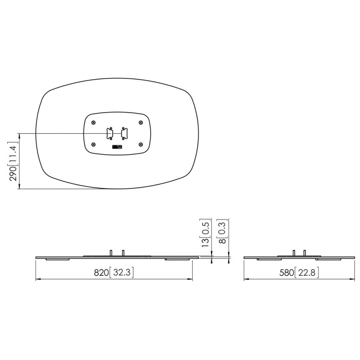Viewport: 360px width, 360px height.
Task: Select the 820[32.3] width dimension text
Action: point(114,273)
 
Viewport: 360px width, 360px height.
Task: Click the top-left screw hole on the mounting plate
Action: point(93,123)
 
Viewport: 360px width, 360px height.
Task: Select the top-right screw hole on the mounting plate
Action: point(141,123)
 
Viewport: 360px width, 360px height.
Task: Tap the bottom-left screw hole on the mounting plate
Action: point(93,144)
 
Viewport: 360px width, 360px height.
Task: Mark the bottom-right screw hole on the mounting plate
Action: point(141,144)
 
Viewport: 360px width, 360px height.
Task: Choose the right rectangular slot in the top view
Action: point(124,133)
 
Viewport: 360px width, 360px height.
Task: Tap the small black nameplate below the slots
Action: point(117,147)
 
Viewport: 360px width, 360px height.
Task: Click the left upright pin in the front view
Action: point(111,252)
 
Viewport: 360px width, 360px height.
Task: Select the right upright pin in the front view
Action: point(123,252)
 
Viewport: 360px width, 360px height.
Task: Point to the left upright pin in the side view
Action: point(293,252)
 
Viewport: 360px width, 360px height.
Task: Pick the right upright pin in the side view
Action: point(305,252)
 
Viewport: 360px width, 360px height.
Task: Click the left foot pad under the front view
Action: point(58,259)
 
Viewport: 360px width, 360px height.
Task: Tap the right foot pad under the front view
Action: point(178,259)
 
